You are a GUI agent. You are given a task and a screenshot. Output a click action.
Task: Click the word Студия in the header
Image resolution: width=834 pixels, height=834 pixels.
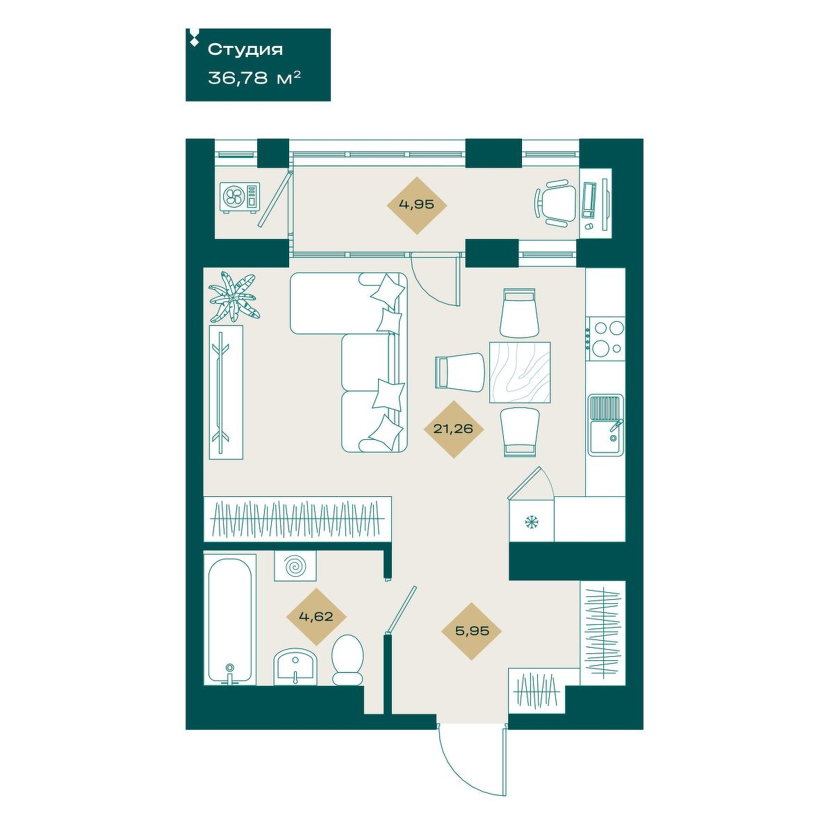[x=245, y=49]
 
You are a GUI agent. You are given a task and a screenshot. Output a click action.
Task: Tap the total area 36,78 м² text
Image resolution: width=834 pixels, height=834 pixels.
[x=254, y=78]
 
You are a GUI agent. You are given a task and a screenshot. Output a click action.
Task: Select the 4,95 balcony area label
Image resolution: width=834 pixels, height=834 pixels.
[x=416, y=205]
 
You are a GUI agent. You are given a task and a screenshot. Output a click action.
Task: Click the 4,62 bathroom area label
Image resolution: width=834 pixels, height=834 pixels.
[x=316, y=616]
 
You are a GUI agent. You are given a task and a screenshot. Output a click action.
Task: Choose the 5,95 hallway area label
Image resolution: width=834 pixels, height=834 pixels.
[x=471, y=630]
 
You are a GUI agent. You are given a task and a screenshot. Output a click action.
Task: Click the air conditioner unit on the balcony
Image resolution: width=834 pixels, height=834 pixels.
[x=240, y=197]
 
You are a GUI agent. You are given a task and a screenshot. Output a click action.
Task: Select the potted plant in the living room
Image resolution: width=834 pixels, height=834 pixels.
[x=233, y=297]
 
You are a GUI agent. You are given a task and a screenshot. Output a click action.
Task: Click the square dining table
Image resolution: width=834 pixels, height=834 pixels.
[x=520, y=372]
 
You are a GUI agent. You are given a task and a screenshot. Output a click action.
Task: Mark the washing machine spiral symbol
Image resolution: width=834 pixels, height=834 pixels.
[x=295, y=566]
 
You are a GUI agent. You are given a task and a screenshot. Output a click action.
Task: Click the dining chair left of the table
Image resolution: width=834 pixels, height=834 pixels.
[x=459, y=373]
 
